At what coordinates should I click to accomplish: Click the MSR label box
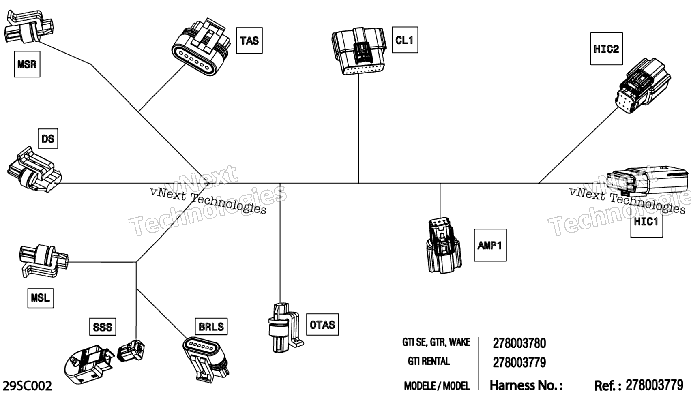(x=27, y=64)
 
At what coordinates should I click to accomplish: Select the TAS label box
(x=249, y=41)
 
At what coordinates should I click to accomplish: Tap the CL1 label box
(x=405, y=40)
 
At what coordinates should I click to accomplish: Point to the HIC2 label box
(x=606, y=49)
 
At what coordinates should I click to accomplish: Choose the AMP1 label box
(x=490, y=245)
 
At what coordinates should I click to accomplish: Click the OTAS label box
(x=322, y=324)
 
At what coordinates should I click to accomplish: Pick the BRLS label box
(x=211, y=326)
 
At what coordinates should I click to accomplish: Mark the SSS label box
(x=103, y=327)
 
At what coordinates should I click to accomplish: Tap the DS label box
(x=48, y=139)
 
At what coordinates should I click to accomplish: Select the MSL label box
(x=41, y=298)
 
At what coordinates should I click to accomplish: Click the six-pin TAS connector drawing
(x=199, y=48)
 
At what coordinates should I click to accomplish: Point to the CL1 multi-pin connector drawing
(x=358, y=51)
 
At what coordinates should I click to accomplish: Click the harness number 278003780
(x=519, y=343)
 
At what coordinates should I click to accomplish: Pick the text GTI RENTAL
(x=429, y=361)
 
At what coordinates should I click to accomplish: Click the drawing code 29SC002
(x=27, y=386)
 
